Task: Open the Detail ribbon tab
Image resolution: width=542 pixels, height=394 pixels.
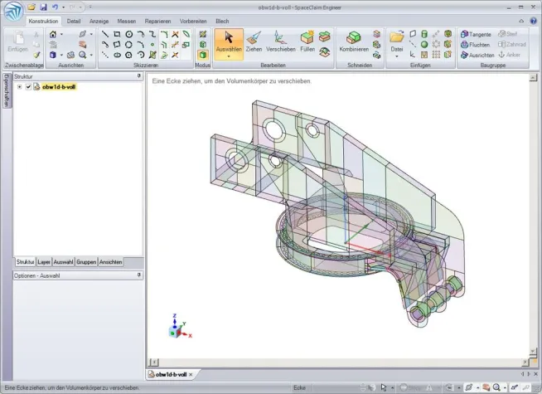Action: click(74, 20)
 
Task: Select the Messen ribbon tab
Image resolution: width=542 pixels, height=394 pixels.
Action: click(127, 20)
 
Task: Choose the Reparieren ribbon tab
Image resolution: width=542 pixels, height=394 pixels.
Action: click(158, 20)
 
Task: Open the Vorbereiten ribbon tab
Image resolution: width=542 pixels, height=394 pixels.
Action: click(192, 20)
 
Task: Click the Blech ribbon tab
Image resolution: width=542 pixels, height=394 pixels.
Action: click(222, 20)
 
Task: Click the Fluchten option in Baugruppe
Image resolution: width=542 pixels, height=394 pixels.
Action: click(475, 44)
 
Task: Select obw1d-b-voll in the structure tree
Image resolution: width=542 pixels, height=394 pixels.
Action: click(59, 86)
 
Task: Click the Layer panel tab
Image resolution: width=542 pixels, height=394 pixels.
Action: click(44, 261)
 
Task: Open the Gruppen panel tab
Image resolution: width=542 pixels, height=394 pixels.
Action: click(86, 261)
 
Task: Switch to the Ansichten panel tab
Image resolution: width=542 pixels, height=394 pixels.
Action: click(111, 261)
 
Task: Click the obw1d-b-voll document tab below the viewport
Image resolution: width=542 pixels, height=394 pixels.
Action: click(172, 375)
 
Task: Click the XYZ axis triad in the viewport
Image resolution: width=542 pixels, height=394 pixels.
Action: click(177, 328)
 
